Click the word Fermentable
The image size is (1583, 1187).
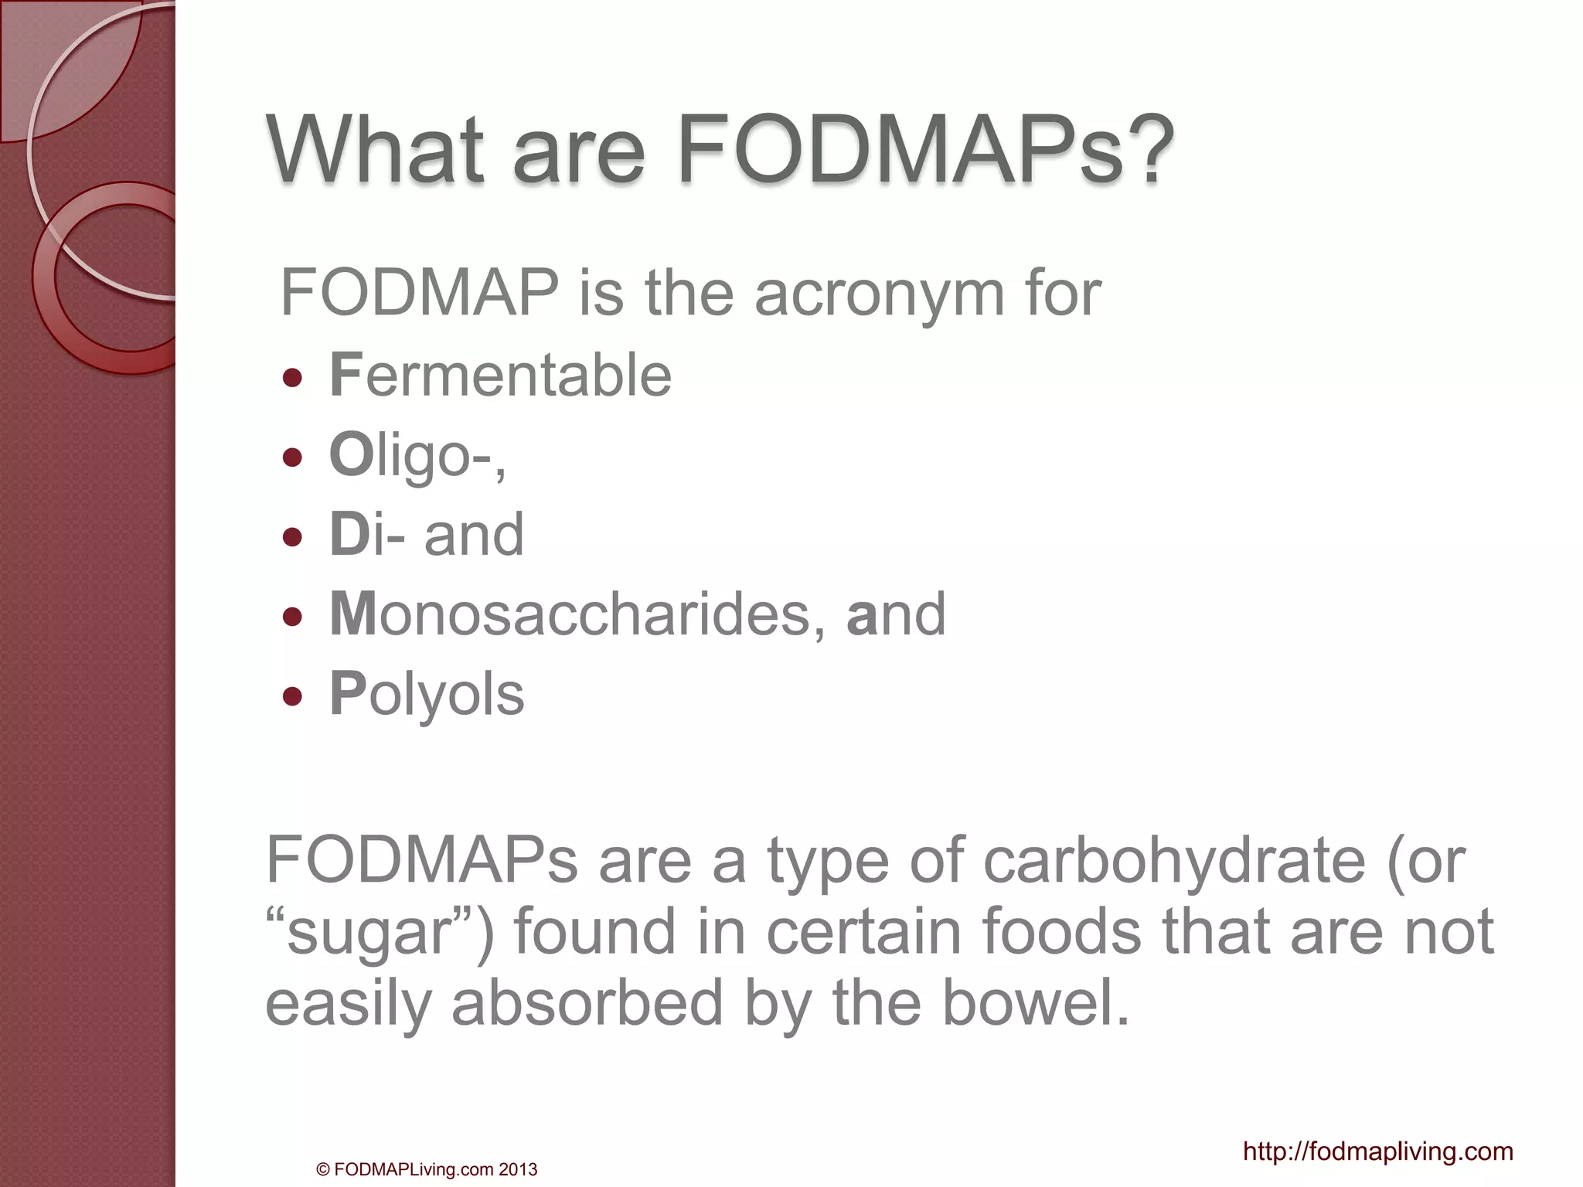(x=501, y=376)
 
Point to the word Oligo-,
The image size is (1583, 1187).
(x=418, y=455)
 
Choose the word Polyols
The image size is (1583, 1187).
(x=427, y=694)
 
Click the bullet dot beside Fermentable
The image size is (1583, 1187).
(x=292, y=378)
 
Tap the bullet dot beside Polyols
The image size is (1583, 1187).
(x=292, y=696)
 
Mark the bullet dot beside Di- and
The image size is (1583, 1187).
(x=292, y=537)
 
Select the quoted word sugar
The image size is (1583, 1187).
(x=369, y=934)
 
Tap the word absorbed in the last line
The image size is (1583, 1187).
(x=587, y=1003)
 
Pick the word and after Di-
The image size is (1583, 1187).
(x=474, y=535)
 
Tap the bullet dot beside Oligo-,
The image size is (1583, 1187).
(x=292, y=457)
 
